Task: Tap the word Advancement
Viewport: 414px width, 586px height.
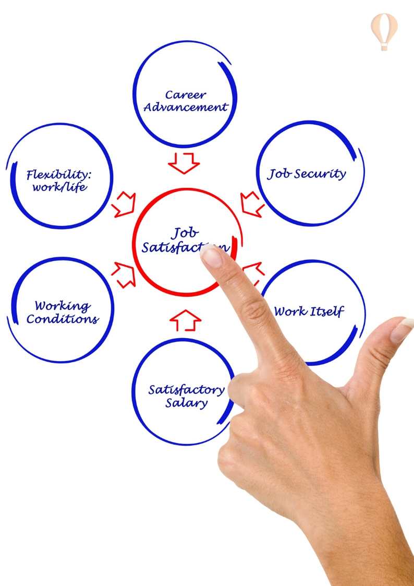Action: [x=186, y=107]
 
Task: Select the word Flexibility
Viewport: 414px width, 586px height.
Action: [x=63, y=174]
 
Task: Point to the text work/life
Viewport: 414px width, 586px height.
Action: [x=59, y=187]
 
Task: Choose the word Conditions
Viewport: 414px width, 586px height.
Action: [x=63, y=319]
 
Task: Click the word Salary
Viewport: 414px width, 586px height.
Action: [x=187, y=403]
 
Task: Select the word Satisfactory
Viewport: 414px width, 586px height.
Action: [x=186, y=390]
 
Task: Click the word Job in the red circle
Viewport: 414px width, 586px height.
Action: [x=185, y=233]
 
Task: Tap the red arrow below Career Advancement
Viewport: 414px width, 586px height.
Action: [x=184, y=163]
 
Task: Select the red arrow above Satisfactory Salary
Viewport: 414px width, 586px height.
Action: [x=185, y=320]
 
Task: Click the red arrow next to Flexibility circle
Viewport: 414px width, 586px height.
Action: [x=123, y=204]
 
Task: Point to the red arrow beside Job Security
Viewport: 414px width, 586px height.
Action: [x=252, y=204]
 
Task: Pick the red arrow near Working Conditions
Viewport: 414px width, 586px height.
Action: [x=123, y=274]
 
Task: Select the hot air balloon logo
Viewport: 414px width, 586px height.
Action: [x=384, y=30]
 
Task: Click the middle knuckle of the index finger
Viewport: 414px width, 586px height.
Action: [x=254, y=312]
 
